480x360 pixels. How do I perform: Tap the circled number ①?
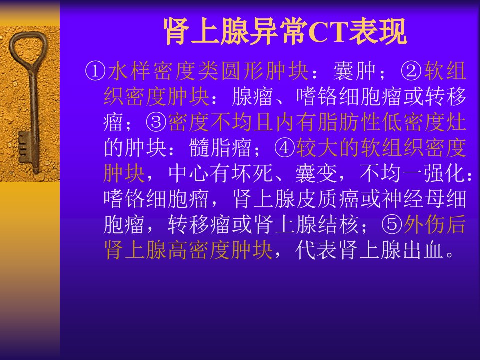(95, 71)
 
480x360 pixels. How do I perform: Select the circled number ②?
(411, 71)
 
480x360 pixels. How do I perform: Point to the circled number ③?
(156, 122)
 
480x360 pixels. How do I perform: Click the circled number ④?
(285, 148)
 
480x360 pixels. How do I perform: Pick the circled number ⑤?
(392, 224)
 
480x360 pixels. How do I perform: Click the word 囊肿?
(355, 71)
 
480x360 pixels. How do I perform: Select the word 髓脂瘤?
(220, 148)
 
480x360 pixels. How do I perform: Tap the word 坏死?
(253, 173)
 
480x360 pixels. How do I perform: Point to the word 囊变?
(316, 173)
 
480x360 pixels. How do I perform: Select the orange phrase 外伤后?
(435, 224)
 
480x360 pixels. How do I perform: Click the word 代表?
(316, 250)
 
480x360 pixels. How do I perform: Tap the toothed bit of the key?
(24, 147)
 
